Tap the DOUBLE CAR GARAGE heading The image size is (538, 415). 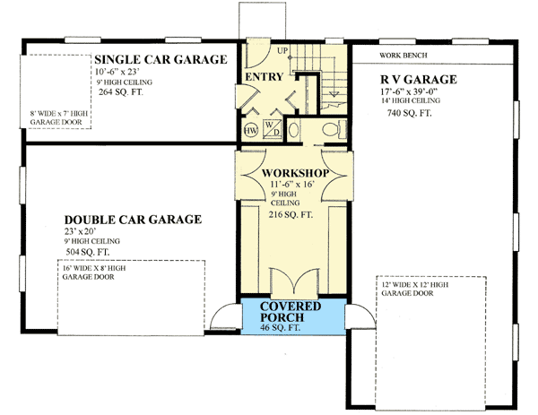tap(133, 219)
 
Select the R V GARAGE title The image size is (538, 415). tap(419, 80)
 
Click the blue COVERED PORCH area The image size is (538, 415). tap(292, 317)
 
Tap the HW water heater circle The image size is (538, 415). tap(251, 130)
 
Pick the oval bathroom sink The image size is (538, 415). tap(301, 128)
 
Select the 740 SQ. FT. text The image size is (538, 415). tap(409, 114)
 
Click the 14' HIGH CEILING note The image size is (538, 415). tap(413, 101)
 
